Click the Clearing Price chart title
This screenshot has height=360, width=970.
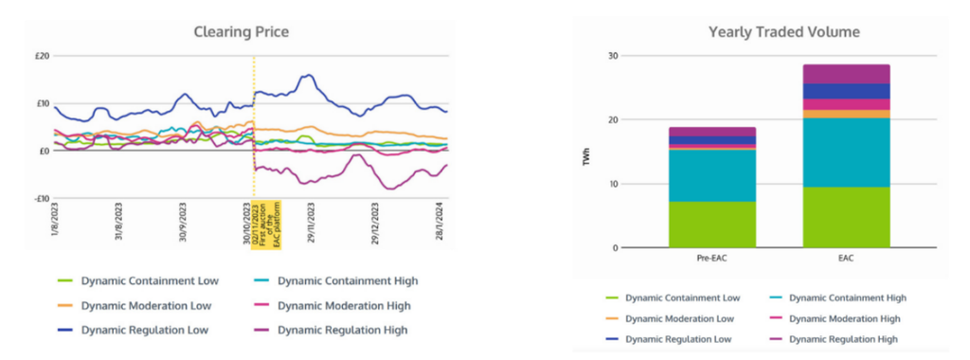(241, 32)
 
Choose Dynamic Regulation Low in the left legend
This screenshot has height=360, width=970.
(144, 330)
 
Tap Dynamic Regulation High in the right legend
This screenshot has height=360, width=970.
(843, 338)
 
